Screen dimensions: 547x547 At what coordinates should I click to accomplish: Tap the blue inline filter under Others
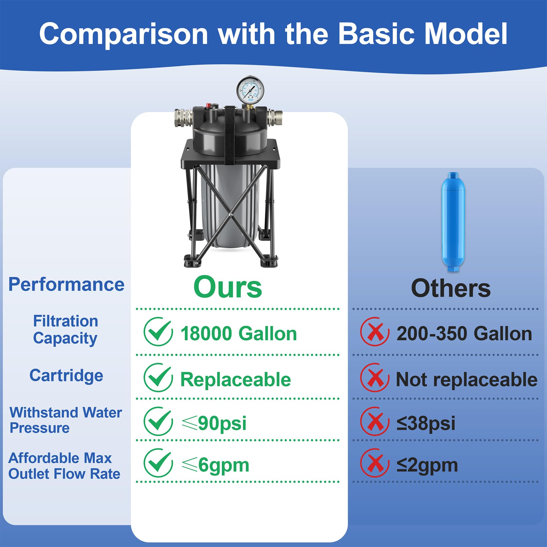tap(453, 222)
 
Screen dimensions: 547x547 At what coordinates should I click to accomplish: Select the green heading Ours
tap(228, 287)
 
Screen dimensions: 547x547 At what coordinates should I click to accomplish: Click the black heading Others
tap(451, 288)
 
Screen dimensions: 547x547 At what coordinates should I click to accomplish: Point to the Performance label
tap(66, 285)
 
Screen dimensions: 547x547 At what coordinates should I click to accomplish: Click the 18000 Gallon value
tap(239, 334)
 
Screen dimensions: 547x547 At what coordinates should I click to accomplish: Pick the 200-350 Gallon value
tap(464, 334)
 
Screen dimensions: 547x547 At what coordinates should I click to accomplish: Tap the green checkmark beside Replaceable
tap(158, 378)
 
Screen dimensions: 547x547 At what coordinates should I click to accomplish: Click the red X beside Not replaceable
tap(375, 378)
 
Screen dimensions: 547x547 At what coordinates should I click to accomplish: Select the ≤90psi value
tap(214, 423)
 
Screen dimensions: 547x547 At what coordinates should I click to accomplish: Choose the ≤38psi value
tap(426, 423)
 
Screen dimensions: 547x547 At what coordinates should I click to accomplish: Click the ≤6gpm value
tap(215, 465)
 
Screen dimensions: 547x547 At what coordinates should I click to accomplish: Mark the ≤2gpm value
tap(427, 465)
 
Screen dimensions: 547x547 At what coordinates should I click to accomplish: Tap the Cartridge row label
tap(66, 376)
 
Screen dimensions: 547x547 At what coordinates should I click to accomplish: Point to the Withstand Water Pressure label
tap(66, 420)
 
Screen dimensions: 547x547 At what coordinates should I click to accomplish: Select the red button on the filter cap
tap(209, 105)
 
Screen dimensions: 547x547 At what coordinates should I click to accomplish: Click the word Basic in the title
tap(376, 34)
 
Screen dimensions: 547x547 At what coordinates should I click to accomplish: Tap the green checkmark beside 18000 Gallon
tap(158, 332)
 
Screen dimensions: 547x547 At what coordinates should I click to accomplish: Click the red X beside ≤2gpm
tap(375, 463)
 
